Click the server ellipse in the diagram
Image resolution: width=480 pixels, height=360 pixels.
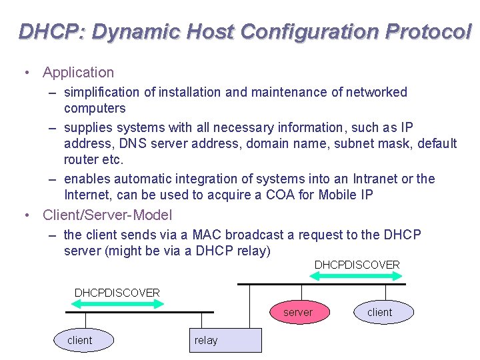point(298,312)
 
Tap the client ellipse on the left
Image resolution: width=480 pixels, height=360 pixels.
point(80,340)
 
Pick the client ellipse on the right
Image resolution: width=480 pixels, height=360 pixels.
point(380,312)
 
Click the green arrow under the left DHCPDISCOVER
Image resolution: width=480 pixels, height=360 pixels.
point(117,304)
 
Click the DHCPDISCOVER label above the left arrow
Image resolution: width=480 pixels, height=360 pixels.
point(117,293)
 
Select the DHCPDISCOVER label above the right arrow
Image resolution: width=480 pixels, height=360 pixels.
point(357,265)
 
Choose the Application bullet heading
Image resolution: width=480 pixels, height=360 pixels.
point(78,72)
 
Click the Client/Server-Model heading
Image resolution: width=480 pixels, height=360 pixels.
point(107,215)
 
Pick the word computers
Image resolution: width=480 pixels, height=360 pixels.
point(95,108)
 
